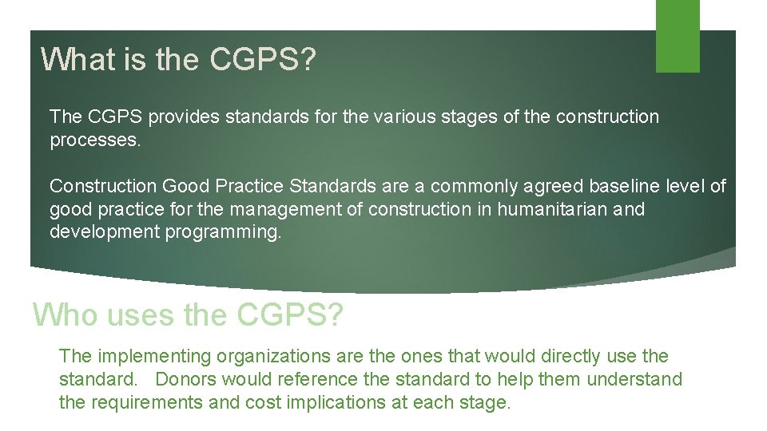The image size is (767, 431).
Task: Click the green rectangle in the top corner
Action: [x=678, y=36]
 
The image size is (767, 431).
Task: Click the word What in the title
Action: [x=73, y=59]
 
